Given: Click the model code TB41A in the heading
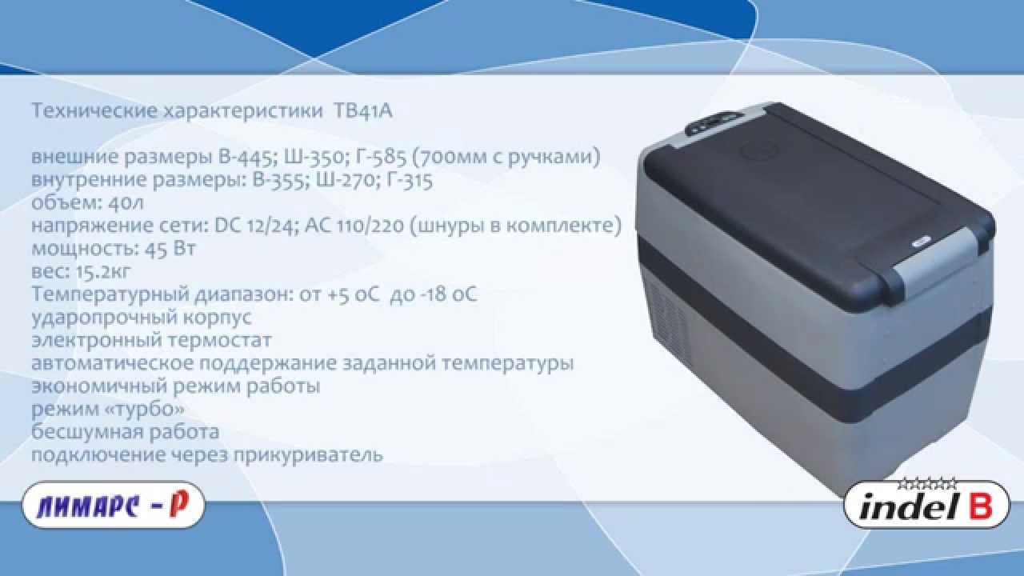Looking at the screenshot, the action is pos(363,111).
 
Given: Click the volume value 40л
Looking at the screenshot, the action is pos(126,202).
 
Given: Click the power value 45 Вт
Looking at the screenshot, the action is pos(170,249).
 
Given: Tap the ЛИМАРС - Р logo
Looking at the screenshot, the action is pos(114,505).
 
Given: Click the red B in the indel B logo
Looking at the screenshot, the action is pos(980,506).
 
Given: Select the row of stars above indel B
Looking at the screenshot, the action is pos(926,484).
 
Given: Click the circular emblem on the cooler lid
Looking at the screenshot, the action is pos(759,150).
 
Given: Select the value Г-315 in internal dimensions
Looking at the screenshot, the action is pos(409,180).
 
